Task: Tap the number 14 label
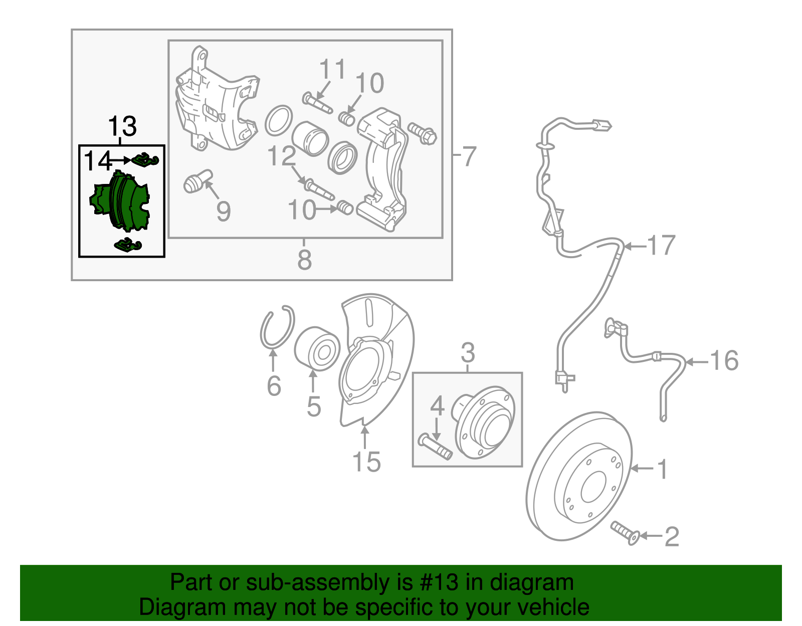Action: [x=98, y=161]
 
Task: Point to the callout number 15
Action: [x=366, y=462]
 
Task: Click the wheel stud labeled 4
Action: [x=435, y=447]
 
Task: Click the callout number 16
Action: [x=724, y=361]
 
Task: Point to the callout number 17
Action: [x=662, y=246]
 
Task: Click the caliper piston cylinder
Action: [x=310, y=138]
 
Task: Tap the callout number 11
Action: [x=332, y=69]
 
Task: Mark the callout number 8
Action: [x=304, y=260]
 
